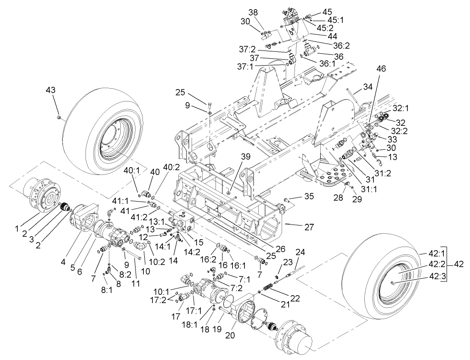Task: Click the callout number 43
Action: tap(50, 90)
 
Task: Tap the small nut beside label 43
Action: tap(60, 118)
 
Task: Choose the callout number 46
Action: tap(381, 68)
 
